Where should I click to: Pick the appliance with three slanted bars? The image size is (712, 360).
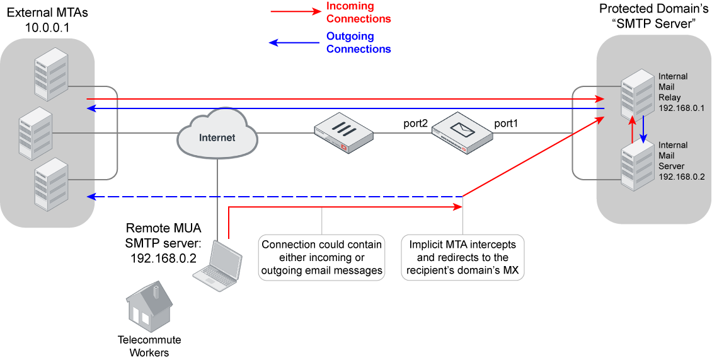pyautogui.click(x=343, y=134)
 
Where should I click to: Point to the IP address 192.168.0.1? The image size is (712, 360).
pyautogui.click(x=681, y=108)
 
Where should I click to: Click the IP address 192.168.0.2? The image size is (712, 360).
pyautogui.click(x=681, y=177)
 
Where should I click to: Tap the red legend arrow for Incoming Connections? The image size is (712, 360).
pyautogui.click(x=295, y=12)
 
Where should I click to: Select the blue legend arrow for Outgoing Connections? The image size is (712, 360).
pyautogui.click(x=295, y=43)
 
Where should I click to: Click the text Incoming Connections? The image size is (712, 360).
pyautogui.click(x=359, y=13)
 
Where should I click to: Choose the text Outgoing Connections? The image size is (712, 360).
pyautogui.click(x=359, y=43)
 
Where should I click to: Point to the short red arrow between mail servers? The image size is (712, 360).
pyautogui.click(x=631, y=131)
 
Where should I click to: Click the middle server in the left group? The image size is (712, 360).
pyautogui.click(x=35, y=134)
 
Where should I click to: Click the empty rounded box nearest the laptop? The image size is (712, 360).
pyautogui.click(x=321, y=257)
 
